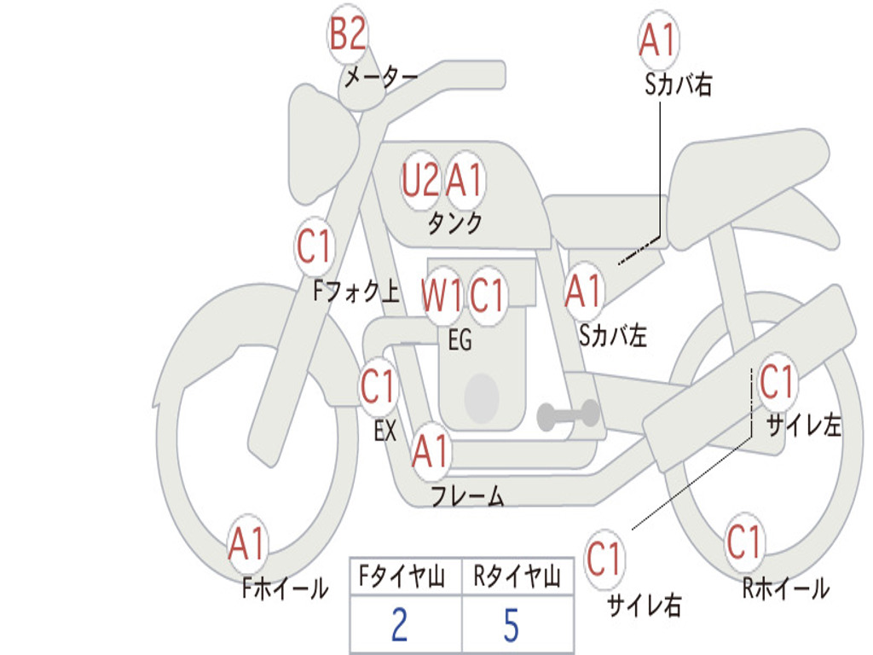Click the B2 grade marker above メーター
point(348,34)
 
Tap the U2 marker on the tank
point(420,181)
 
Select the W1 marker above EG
point(442,294)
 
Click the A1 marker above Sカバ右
point(658,39)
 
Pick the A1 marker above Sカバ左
point(584,291)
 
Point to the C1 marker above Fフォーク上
point(315,246)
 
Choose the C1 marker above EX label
point(379,386)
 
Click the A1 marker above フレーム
point(431,450)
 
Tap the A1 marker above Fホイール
point(247,543)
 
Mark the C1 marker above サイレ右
point(604,559)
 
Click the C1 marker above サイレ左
point(778,382)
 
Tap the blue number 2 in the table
point(400,624)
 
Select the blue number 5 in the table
point(512,624)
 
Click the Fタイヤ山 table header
point(402,577)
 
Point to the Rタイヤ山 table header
point(517,577)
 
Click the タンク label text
point(455,223)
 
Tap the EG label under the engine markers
point(460,339)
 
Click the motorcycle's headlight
point(321,145)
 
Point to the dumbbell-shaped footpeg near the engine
point(568,414)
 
